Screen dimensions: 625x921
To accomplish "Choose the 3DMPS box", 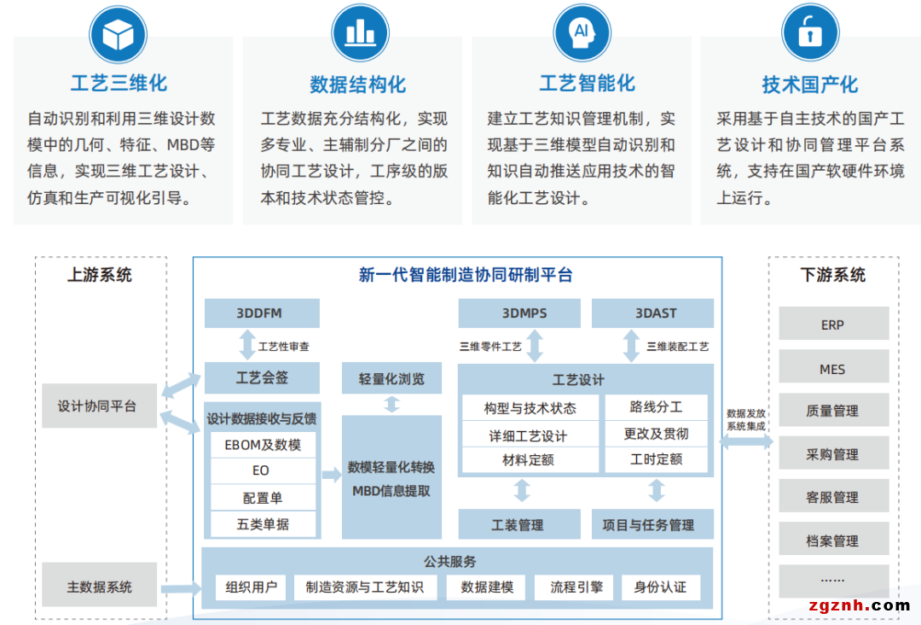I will pos(524,313).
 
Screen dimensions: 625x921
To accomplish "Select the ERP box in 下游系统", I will pos(832,324).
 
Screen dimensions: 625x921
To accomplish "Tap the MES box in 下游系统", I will pos(832,369).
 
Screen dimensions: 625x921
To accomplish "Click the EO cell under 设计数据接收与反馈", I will pos(261,470).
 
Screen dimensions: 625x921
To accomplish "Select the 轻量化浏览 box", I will pos(391,378).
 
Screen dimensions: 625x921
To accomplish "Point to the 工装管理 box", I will pos(518,524).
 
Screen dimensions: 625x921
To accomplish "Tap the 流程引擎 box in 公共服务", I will pos(576,587).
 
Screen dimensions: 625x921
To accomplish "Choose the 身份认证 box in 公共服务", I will pos(660,587).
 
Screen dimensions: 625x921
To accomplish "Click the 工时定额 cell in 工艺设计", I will pos(656,459).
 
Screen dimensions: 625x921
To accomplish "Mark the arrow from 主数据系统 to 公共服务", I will pos(180,587).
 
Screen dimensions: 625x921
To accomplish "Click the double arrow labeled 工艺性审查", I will pos(247,345).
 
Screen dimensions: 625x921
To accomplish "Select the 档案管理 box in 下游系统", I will pos(832,540).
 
